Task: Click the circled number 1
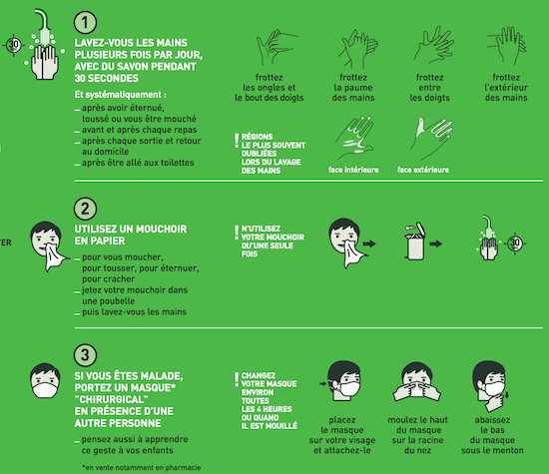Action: click(85, 22)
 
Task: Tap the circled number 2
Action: click(85, 209)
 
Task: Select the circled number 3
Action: click(85, 355)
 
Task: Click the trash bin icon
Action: click(415, 240)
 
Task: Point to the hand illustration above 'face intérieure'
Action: click(354, 138)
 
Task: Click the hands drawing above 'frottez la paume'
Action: click(357, 48)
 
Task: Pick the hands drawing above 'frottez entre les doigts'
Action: click(434, 45)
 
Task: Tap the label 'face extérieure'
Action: click(423, 170)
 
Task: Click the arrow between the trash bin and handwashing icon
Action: click(436, 243)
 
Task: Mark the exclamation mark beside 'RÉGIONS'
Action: click(237, 140)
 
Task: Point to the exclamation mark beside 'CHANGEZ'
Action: click(237, 379)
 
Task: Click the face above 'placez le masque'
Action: click(343, 381)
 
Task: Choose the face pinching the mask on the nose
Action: click(416, 382)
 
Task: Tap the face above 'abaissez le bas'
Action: click(490, 386)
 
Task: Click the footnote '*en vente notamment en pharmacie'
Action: click(142, 468)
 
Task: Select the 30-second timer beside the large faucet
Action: click(14, 45)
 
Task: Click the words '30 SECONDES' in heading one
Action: click(107, 78)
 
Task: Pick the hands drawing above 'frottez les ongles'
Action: click(276, 47)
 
